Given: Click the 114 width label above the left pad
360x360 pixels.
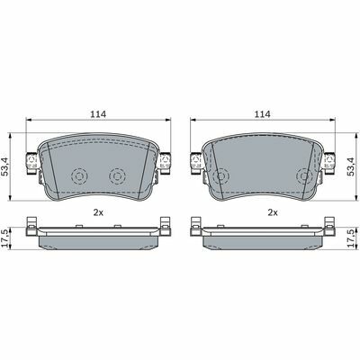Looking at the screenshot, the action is [x=98, y=114].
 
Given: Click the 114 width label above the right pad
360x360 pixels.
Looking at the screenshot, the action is [x=262, y=114].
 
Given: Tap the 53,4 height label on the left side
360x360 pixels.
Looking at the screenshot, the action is [x=6, y=166].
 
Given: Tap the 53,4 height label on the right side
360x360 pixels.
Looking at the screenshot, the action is [x=351, y=166].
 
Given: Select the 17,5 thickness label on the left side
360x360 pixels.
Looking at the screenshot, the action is [x=5, y=238].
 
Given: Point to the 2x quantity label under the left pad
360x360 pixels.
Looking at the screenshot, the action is [x=98, y=212].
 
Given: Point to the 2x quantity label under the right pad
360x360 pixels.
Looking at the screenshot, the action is [x=273, y=212].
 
